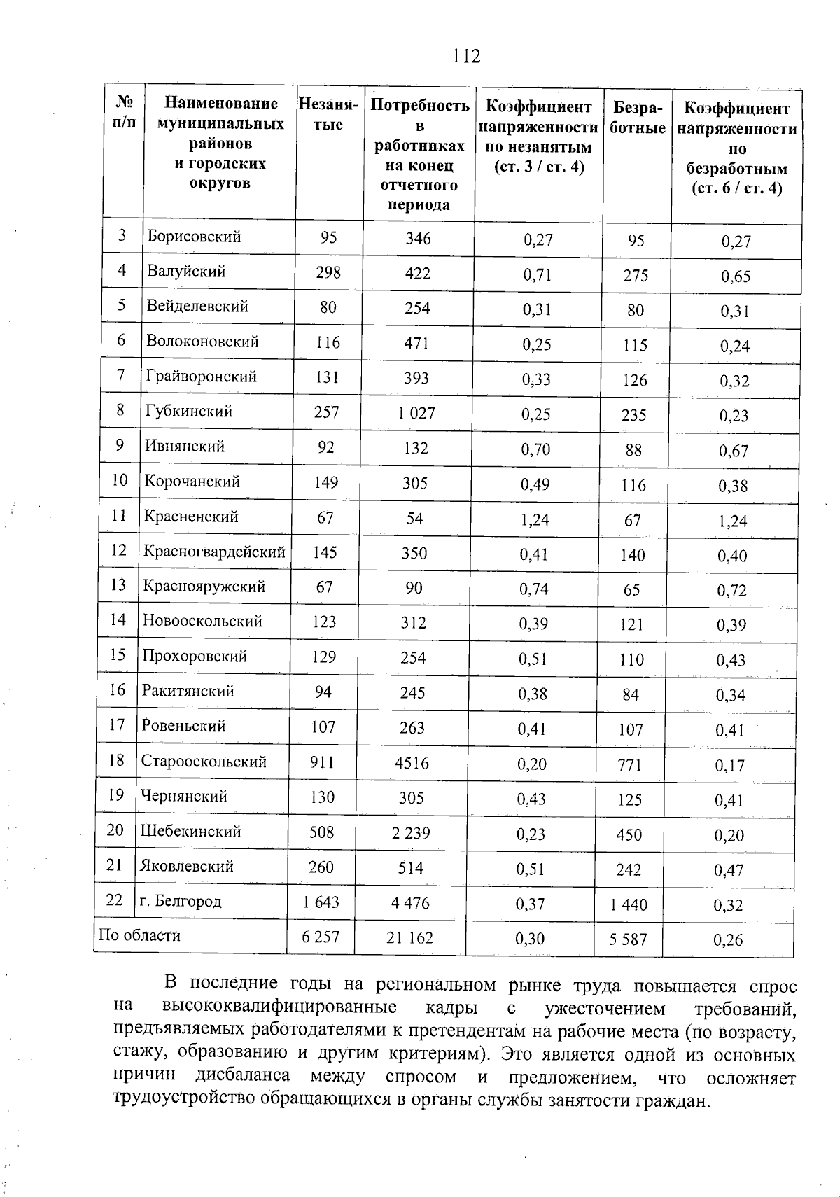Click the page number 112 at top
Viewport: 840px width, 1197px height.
coord(466,56)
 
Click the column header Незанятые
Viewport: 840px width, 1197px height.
coord(328,115)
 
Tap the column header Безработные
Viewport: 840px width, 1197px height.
coord(637,118)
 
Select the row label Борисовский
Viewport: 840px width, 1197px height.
coord(194,237)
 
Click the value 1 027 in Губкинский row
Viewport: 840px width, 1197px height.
coord(416,413)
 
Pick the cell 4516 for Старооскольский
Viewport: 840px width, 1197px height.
coord(412,762)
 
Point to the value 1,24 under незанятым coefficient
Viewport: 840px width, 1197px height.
coord(535,519)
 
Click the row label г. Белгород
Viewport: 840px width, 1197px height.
coord(180,901)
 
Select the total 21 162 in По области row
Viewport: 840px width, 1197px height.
coord(409,937)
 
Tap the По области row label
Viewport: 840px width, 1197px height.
coord(140,936)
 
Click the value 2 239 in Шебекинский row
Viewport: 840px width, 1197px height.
coord(411,832)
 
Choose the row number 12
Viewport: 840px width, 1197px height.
coord(118,550)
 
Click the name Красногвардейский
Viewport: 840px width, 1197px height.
coord(214,552)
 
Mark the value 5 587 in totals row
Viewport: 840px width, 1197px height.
coord(628,939)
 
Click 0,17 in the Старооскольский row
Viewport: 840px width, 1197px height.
coord(729,766)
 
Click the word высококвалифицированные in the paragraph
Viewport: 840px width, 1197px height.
coord(279,1008)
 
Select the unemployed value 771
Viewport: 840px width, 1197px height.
coord(630,764)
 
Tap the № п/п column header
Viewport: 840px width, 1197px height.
coord(124,113)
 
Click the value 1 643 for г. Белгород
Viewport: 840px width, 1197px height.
coord(321,902)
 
